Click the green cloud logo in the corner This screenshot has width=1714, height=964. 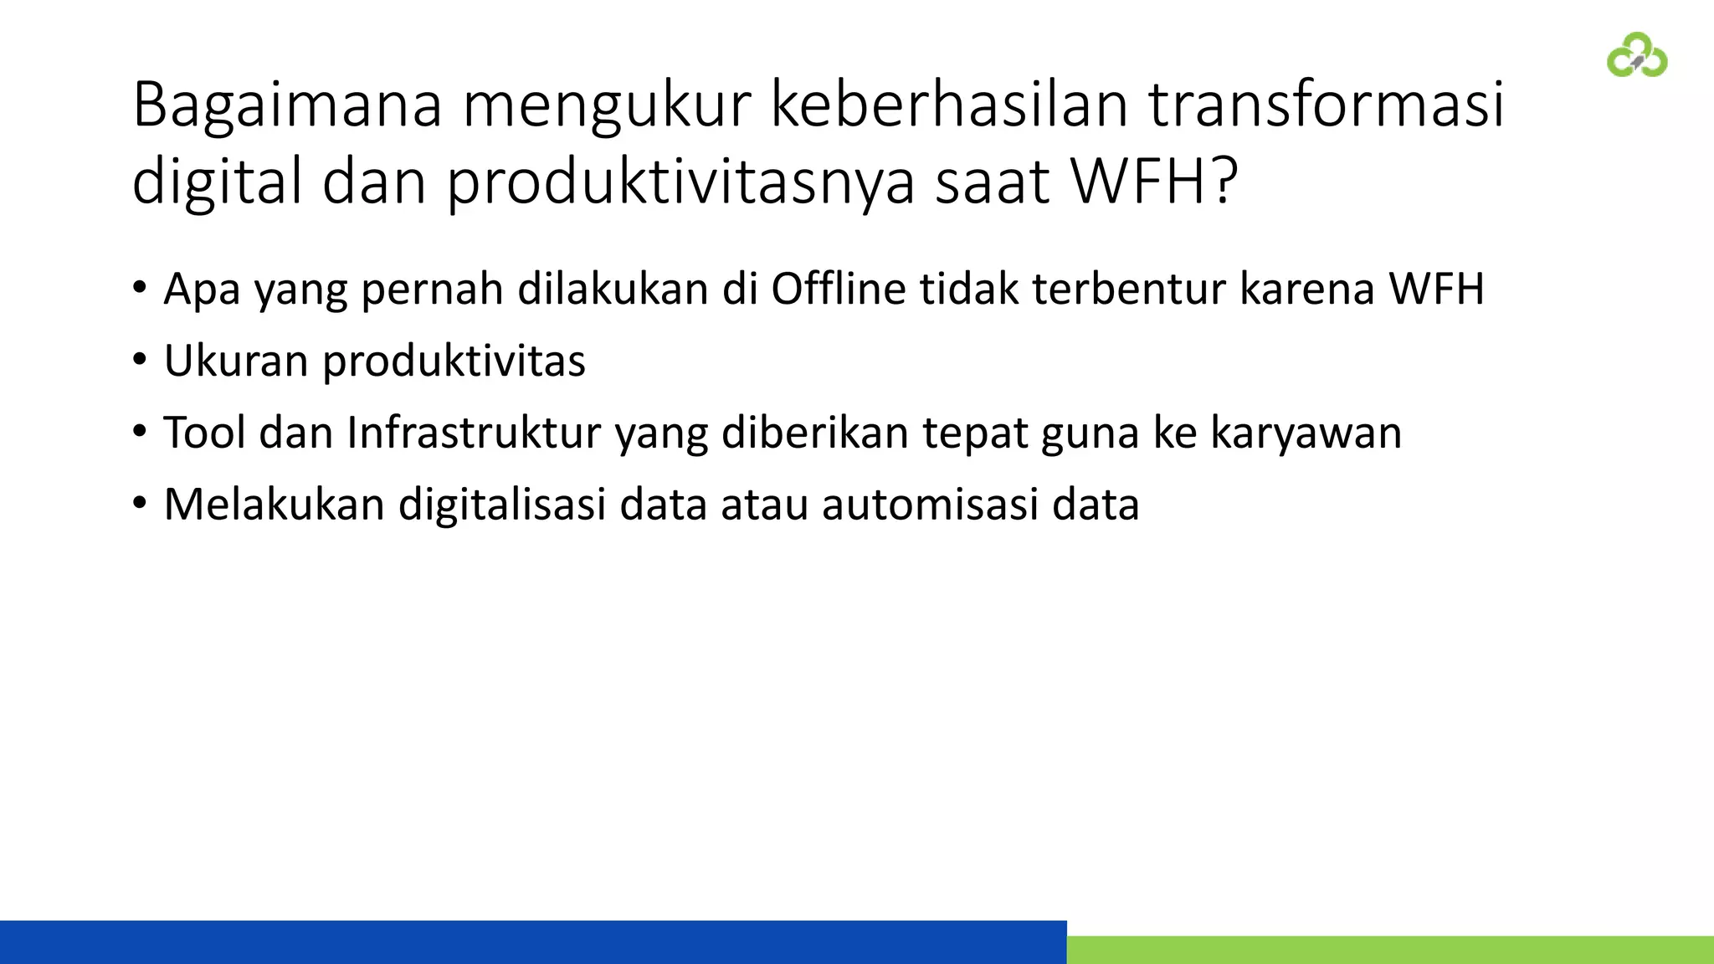tap(1637, 55)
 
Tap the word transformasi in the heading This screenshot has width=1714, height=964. tap(1326, 105)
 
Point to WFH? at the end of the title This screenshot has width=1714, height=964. tap(1154, 181)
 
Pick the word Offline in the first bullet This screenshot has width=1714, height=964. tap(838, 289)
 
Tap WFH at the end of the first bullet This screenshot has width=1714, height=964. tap(1436, 289)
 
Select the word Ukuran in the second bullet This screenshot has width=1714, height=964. tap(236, 361)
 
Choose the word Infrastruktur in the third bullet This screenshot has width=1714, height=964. tap(474, 433)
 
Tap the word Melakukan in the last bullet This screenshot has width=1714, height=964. tap(274, 505)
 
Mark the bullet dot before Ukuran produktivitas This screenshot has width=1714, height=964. tap(140, 361)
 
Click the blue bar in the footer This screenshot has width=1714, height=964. tap(533, 942)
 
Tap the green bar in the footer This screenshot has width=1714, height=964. tap(1390, 950)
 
